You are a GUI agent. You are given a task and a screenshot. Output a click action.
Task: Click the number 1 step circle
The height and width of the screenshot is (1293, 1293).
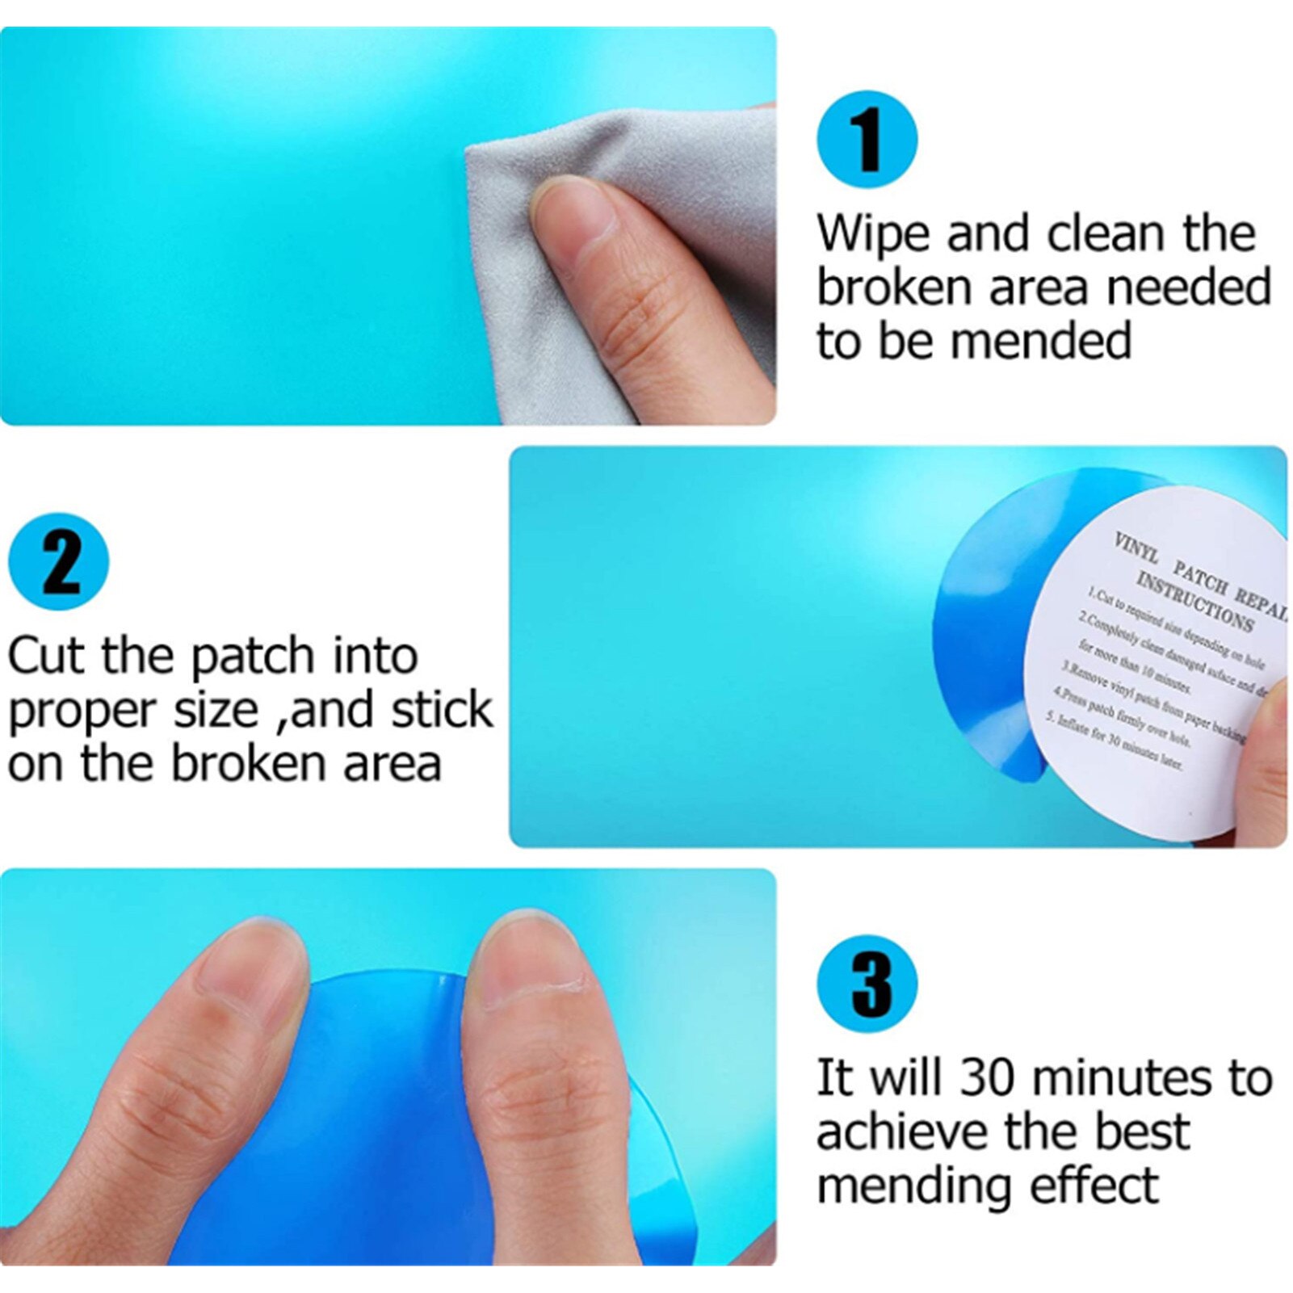(867, 139)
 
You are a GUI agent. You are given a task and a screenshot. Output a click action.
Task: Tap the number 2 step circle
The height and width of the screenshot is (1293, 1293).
(58, 562)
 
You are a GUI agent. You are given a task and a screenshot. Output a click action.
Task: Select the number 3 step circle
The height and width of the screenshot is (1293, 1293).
(867, 984)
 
